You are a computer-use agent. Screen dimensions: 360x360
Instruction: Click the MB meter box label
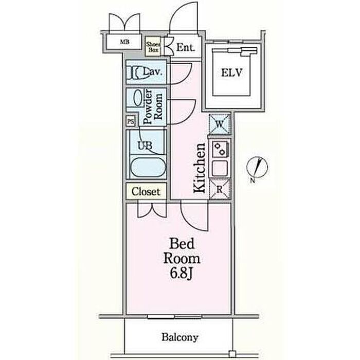click(124, 42)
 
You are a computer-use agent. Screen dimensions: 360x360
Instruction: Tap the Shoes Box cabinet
click(153, 47)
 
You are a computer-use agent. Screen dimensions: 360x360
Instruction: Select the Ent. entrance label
click(186, 47)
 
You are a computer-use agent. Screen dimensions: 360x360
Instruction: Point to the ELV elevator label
click(231, 73)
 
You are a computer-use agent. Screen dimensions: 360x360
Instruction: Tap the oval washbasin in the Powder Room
click(138, 98)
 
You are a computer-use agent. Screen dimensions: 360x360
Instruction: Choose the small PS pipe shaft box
click(131, 121)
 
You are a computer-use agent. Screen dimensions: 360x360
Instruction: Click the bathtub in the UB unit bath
click(148, 167)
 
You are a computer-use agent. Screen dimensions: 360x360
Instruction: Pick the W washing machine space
click(220, 124)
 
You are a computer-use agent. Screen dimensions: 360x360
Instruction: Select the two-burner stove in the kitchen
click(220, 149)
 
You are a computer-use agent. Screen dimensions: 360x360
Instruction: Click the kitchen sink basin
click(220, 168)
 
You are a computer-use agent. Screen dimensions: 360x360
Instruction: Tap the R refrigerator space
click(220, 189)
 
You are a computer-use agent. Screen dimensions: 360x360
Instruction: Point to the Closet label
click(146, 191)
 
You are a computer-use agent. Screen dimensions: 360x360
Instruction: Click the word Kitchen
click(200, 168)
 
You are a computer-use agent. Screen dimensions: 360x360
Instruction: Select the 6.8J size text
click(181, 273)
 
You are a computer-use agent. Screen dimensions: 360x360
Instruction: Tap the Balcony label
click(180, 337)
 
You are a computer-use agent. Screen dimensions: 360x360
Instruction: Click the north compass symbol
click(257, 167)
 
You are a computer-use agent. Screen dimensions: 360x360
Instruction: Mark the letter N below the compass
click(253, 181)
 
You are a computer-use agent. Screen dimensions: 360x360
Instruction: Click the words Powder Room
click(153, 107)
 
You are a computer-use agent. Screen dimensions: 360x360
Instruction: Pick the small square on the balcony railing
click(232, 353)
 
